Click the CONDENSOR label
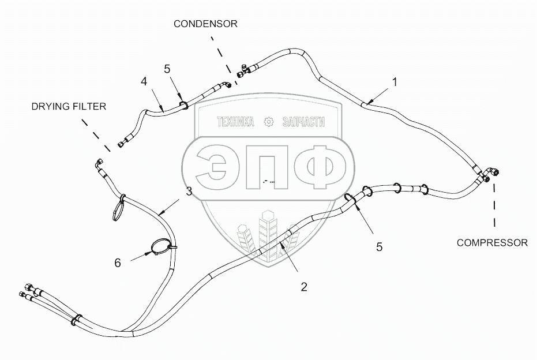(206, 24)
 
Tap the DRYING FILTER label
(69, 106)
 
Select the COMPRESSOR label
(492, 243)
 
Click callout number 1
(395, 82)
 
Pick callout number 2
(303, 286)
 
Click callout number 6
(118, 262)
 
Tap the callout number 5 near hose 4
(167, 69)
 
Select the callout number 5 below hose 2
(379, 247)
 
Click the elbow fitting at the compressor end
(489, 173)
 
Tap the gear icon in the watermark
(268, 122)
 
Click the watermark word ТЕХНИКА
(235, 122)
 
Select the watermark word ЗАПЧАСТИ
(304, 122)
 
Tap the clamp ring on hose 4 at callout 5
(184, 105)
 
